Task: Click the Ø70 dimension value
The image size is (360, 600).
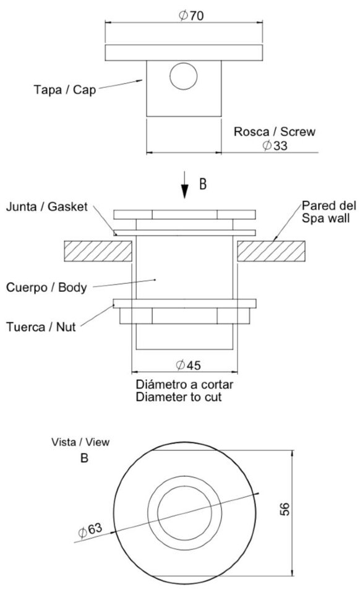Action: pyautogui.click(x=191, y=15)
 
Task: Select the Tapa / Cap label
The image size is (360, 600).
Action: pyautogui.click(x=65, y=90)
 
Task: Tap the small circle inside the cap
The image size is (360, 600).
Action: pyautogui.click(x=184, y=75)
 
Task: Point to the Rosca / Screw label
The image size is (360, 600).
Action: pyautogui.click(x=275, y=132)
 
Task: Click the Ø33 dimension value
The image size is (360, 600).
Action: pyautogui.click(x=275, y=146)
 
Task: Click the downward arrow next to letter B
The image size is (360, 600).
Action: pyautogui.click(x=185, y=185)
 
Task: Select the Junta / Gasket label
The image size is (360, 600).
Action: pyautogui.click(x=46, y=207)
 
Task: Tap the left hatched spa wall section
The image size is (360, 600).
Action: pyautogui.click(x=98, y=251)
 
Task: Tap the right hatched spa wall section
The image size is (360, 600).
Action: pyautogui.click(x=272, y=251)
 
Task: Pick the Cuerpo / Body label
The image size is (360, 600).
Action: pyautogui.click(x=46, y=288)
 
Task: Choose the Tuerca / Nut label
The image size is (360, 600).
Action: pyautogui.click(x=41, y=327)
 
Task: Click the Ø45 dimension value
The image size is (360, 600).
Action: pyautogui.click(x=188, y=365)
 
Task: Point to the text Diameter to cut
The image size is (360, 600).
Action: pyautogui.click(x=179, y=396)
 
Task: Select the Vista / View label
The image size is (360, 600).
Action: pyautogui.click(x=80, y=442)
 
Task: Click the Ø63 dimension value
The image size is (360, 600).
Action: pyautogui.click(x=90, y=530)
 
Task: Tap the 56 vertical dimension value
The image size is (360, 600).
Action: pyautogui.click(x=285, y=509)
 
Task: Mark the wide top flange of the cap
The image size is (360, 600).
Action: pyautogui.click(x=184, y=53)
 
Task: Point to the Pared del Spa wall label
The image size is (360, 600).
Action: pyautogui.click(x=328, y=212)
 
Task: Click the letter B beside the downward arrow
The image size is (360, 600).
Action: pyautogui.click(x=203, y=184)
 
